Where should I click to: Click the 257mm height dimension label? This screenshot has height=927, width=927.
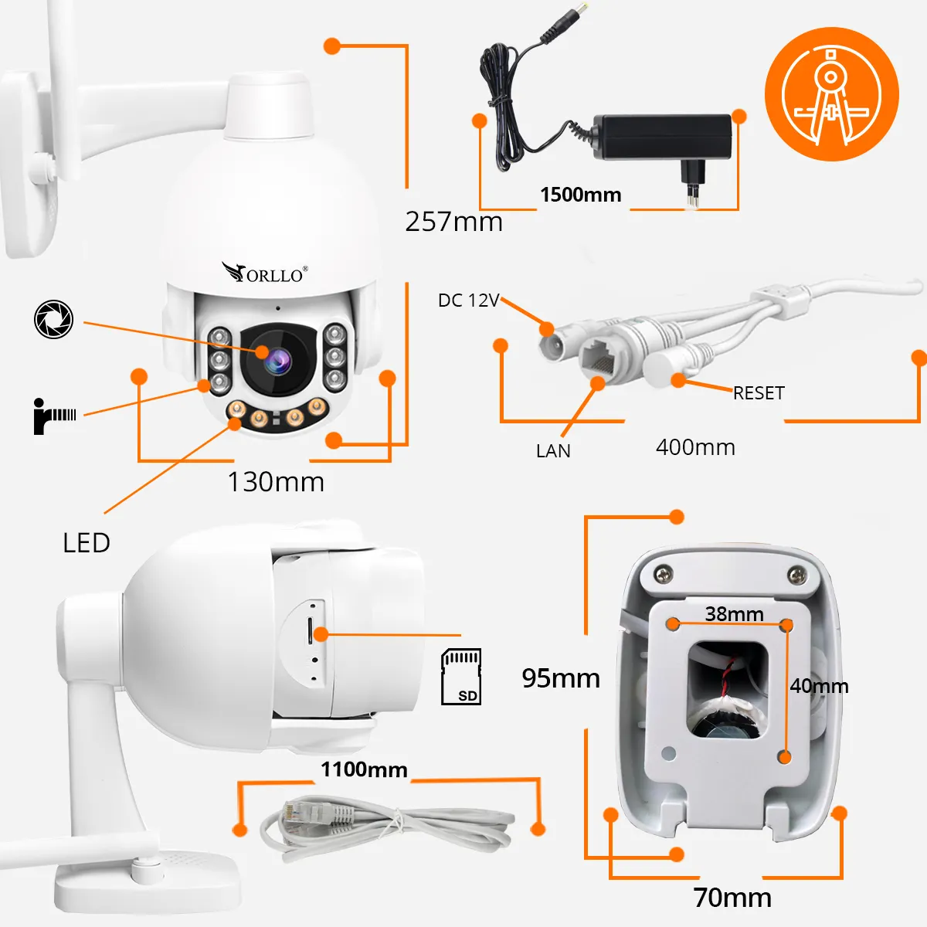tap(453, 222)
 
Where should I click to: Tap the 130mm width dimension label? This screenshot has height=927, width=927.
tap(276, 482)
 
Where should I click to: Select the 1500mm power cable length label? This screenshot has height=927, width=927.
tap(581, 195)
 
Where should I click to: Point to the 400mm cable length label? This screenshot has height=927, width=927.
tap(695, 447)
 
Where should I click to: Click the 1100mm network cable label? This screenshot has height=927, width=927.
tap(364, 769)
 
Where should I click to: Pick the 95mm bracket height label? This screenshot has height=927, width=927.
tap(561, 678)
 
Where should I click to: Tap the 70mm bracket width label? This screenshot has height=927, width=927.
tap(732, 898)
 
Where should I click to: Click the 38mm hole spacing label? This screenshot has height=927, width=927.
tap(734, 614)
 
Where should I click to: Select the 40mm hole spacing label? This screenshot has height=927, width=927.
tap(819, 686)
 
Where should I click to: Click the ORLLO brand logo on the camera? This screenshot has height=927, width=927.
tap(265, 272)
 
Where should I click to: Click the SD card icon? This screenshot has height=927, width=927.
tap(461, 677)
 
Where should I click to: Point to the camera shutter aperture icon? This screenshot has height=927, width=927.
tap(53, 319)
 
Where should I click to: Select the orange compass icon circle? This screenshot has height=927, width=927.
tap(832, 93)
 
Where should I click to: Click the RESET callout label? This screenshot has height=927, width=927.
tap(759, 393)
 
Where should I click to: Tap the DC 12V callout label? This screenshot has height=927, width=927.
tap(469, 301)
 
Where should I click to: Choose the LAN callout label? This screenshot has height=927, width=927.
tap(553, 451)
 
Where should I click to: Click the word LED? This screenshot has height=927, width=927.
tap(87, 543)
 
